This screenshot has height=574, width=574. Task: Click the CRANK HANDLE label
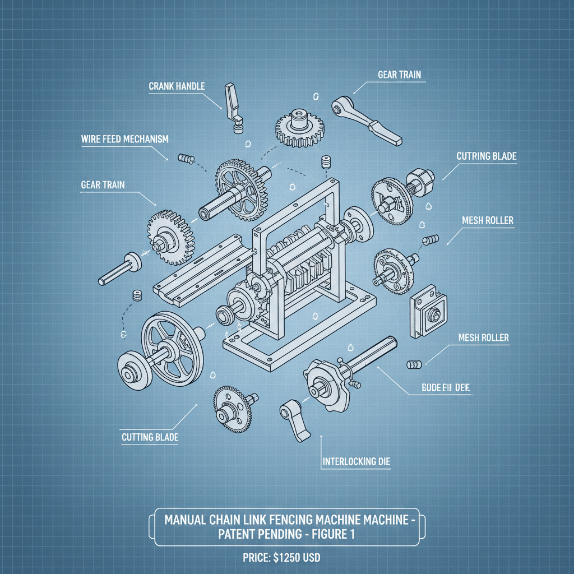[177, 86]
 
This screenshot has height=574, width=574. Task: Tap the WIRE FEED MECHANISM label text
[124, 139]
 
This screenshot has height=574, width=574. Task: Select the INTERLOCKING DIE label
[357, 462]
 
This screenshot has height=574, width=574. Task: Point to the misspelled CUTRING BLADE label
[486, 156]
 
